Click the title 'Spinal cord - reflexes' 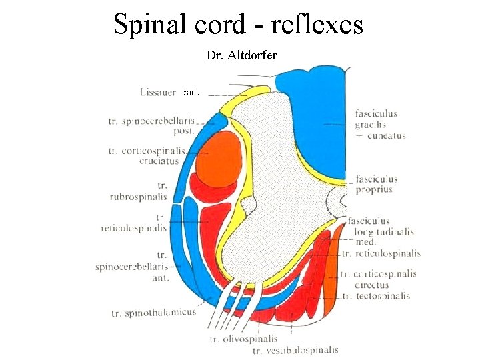pos(238,24)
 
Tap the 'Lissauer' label pos(158,92)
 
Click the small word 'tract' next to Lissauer pos(190,93)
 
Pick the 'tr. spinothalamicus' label pos(154,313)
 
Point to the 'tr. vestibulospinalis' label pos(295,350)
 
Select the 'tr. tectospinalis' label pos(375,295)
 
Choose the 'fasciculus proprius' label pos(377,184)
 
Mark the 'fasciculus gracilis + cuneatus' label pos(380,125)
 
